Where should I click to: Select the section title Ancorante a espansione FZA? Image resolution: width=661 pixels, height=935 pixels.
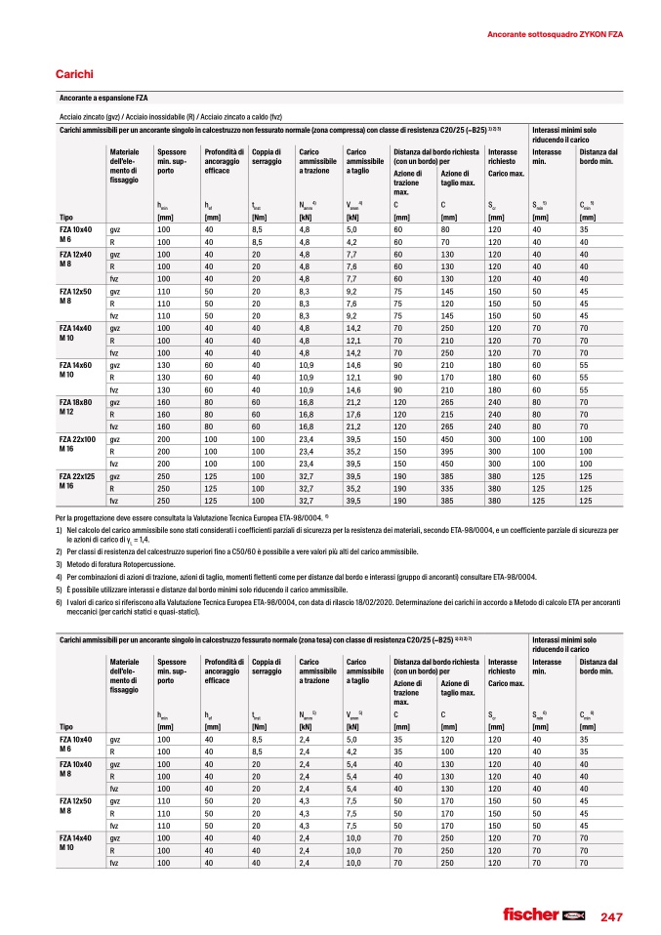click(x=103, y=99)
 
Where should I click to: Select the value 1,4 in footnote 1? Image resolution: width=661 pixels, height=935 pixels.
click(x=146, y=539)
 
